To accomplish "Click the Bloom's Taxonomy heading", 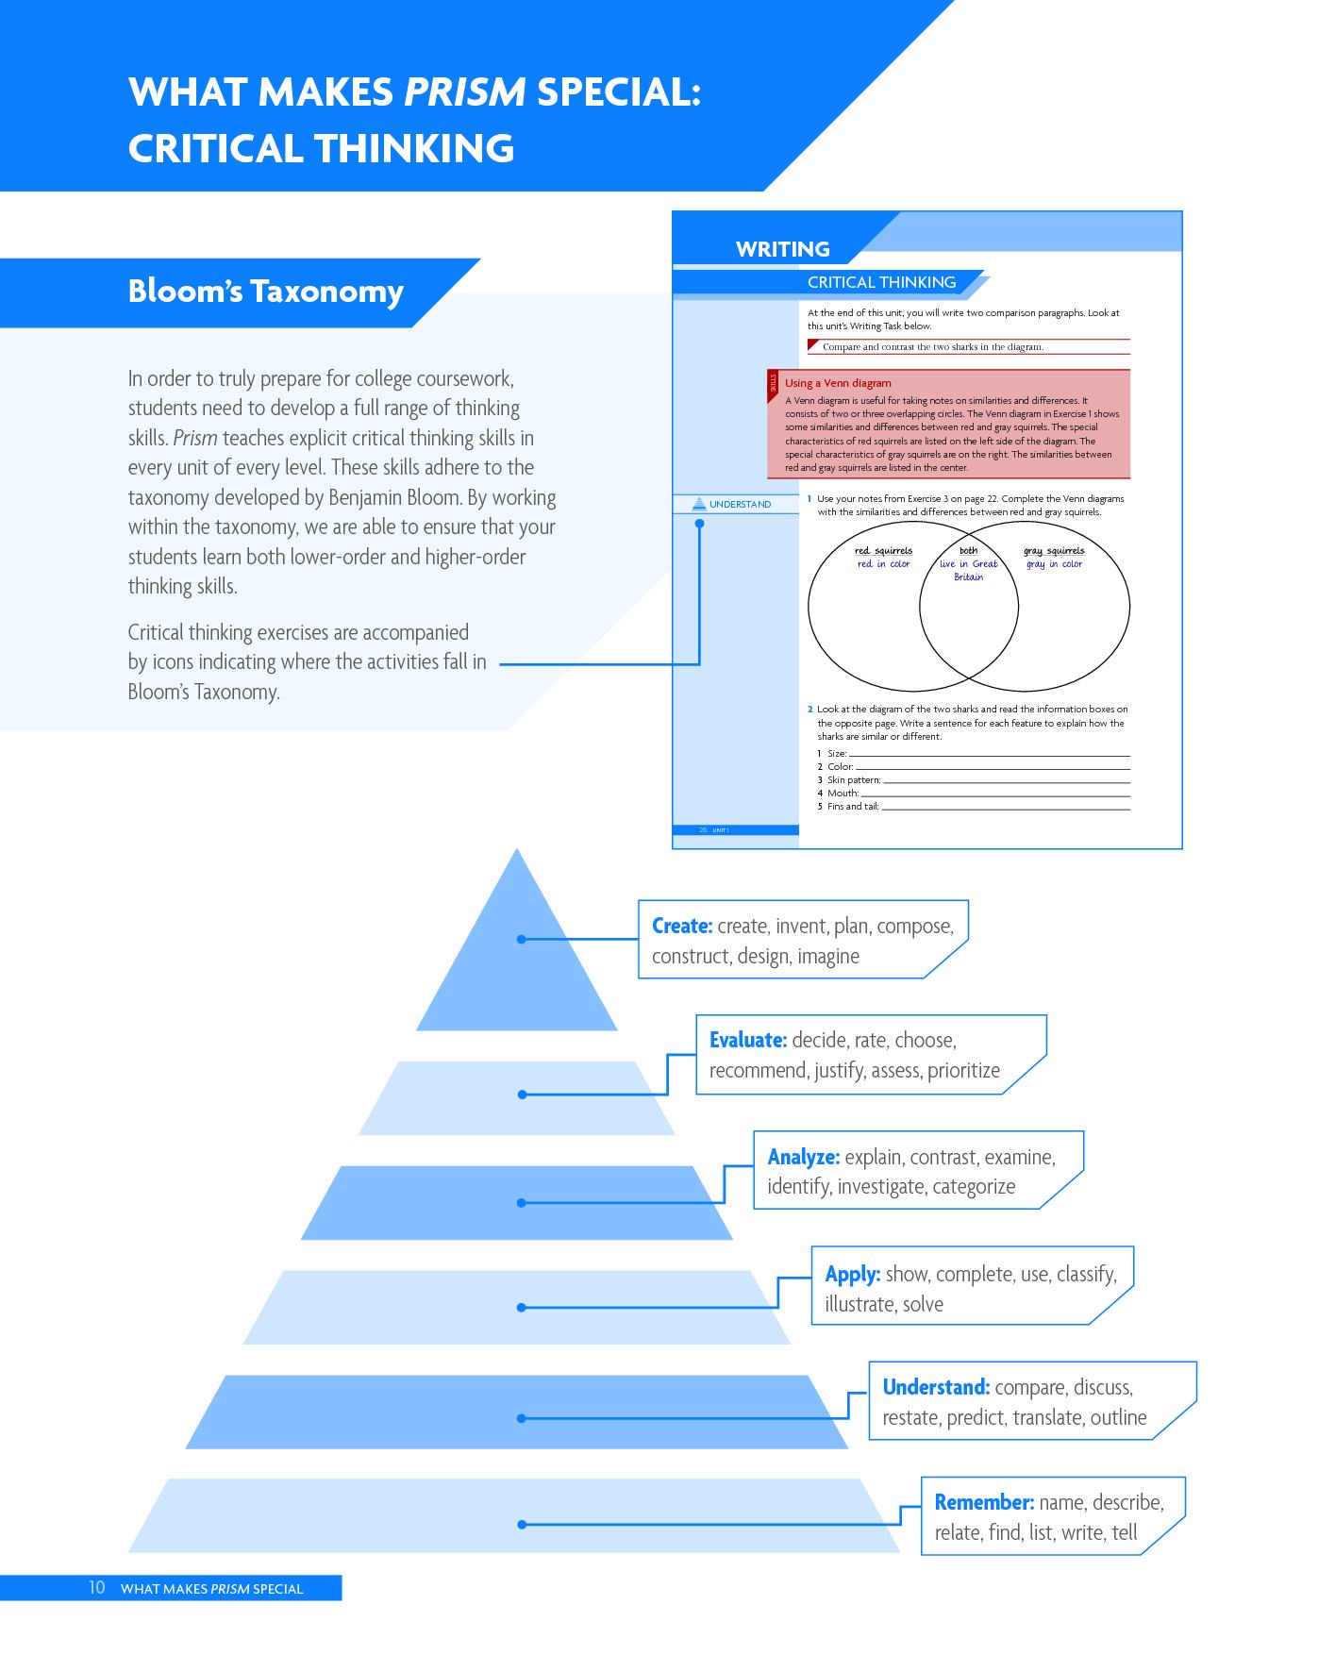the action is (266, 292).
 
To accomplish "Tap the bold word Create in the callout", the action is (682, 926).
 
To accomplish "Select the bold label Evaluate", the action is (748, 1040).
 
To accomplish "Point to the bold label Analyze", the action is (804, 1157).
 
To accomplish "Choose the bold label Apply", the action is (853, 1274).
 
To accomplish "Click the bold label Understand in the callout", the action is (936, 1387).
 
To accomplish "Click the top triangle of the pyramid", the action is (517, 953).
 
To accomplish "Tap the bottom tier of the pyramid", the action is (515, 1515).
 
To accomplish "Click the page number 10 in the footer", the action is (97, 1587).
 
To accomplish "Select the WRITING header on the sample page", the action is (783, 249).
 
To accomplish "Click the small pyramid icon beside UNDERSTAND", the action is (699, 504).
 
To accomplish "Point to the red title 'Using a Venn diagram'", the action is (838, 383).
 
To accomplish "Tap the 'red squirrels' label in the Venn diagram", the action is (884, 551).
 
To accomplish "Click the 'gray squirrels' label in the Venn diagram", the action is (1054, 551).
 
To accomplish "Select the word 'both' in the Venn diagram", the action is (969, 550).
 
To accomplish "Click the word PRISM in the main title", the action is (465, 92).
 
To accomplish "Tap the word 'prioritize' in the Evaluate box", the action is (963, 1071).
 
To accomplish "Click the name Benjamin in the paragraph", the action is (364, 497).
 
